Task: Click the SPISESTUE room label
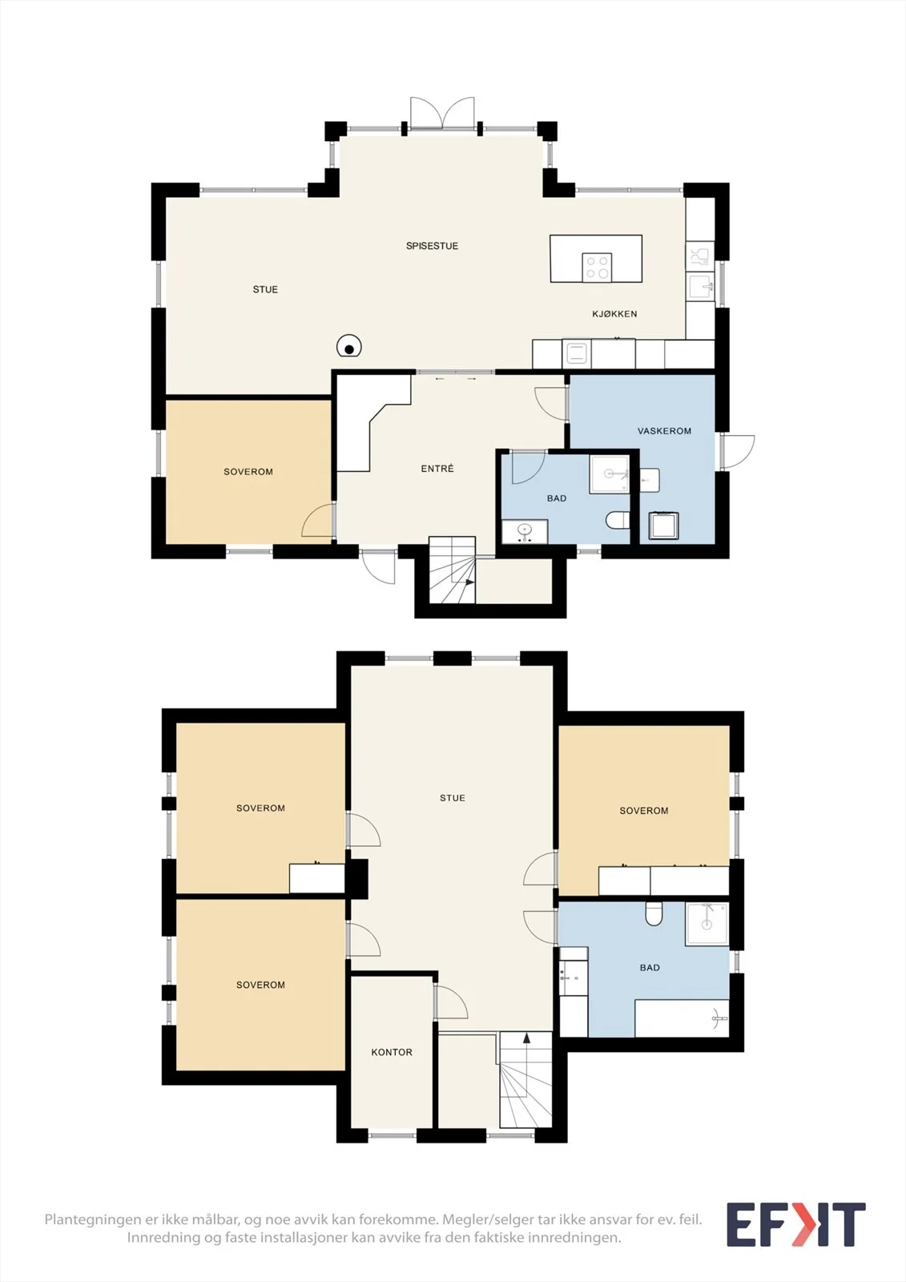tap(432, 246)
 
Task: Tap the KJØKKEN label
tap(614, 313)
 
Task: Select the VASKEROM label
tap(664, 431)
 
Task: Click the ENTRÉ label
tap(437, 468)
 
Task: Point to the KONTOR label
tap(392, 1052)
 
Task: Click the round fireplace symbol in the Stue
tap(348, 346)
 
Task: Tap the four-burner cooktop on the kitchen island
tap(597, 268)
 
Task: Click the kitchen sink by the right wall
tap(700, 286)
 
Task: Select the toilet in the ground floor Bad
tap(618, 520)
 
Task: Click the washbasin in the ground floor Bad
tap(525, 532)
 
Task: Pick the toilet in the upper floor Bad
tap(654, 913)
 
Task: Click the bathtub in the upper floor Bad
tap(683, 1018)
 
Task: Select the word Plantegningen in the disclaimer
tap(92, 1220)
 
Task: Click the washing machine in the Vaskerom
tap(663, 526)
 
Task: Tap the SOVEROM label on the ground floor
tap(248, 472)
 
